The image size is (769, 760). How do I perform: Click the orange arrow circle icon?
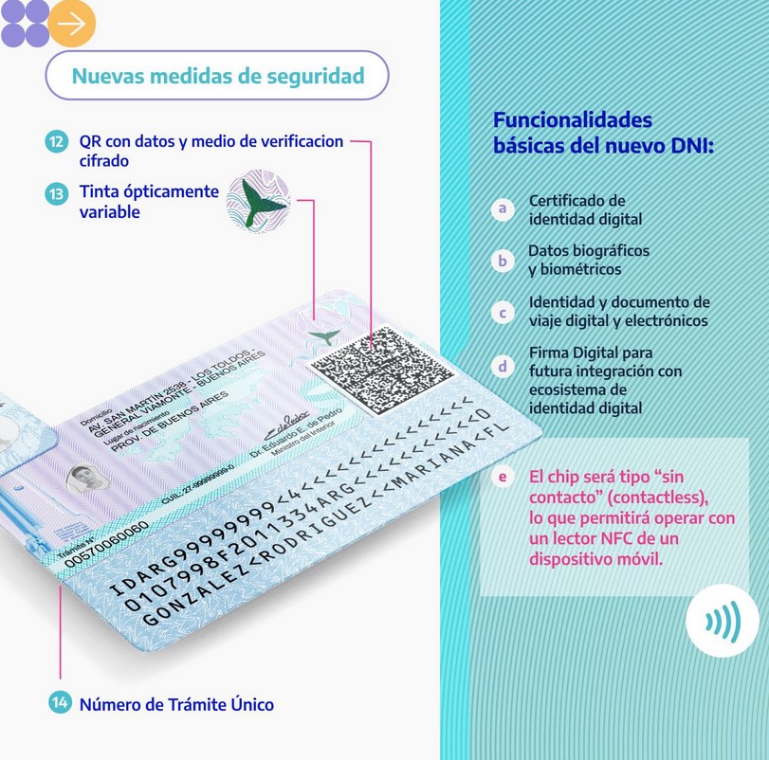[x=72, y=24]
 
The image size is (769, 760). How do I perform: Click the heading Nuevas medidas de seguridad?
[x=217, y=76]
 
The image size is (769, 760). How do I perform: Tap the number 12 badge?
[x=56, y=142]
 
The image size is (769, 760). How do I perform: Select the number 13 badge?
[x=56, y=192]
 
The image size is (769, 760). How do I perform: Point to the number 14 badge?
[x=60, y=703]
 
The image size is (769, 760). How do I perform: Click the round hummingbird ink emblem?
[x=257, y=200]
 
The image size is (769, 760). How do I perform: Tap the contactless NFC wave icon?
[x=722, y=622]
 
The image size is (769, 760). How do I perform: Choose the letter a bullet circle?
[x=503, y=208]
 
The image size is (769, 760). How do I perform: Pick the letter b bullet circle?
[x=503, y=260]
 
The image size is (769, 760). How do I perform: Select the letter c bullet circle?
[x=503, y=312]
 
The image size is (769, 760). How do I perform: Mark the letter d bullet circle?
[x=503, y=365]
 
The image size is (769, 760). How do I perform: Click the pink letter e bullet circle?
[x=503, y=477]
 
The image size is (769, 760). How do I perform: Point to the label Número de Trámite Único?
[x=176, y=704]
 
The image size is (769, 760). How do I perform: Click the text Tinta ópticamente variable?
[x=149, y=202]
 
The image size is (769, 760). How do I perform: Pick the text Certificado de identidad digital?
[x=585, y=209]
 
